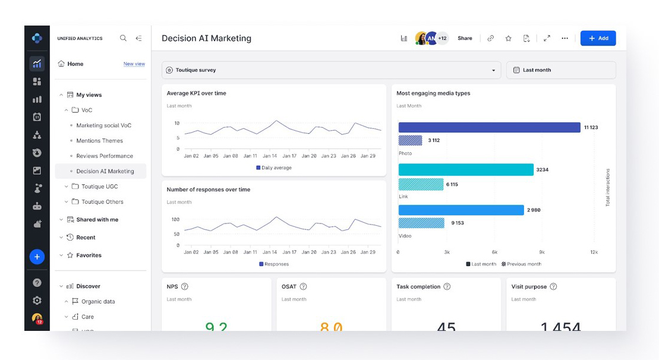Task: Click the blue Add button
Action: coord(598,38)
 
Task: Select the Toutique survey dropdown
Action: coord(331,70)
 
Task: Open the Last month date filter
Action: coord(560,70)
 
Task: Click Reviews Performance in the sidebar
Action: coord(105,156)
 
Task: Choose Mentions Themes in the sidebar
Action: coord(99,141)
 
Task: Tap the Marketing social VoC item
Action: coord(103,125)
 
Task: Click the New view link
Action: coord(134,64)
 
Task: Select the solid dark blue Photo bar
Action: coord(488,127)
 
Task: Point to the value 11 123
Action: coord(591,128)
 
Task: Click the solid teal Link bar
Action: coord(465,170)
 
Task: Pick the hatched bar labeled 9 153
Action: coord(421,223)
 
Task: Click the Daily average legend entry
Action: coord(274,168)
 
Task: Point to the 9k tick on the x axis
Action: coord(541,252)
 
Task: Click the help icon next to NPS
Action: coord(185,287)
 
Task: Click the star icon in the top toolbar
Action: coord(508,39)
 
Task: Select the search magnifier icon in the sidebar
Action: coord(123,38)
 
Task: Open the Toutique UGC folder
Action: coord(99,187)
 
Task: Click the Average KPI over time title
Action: coord(196,93)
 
